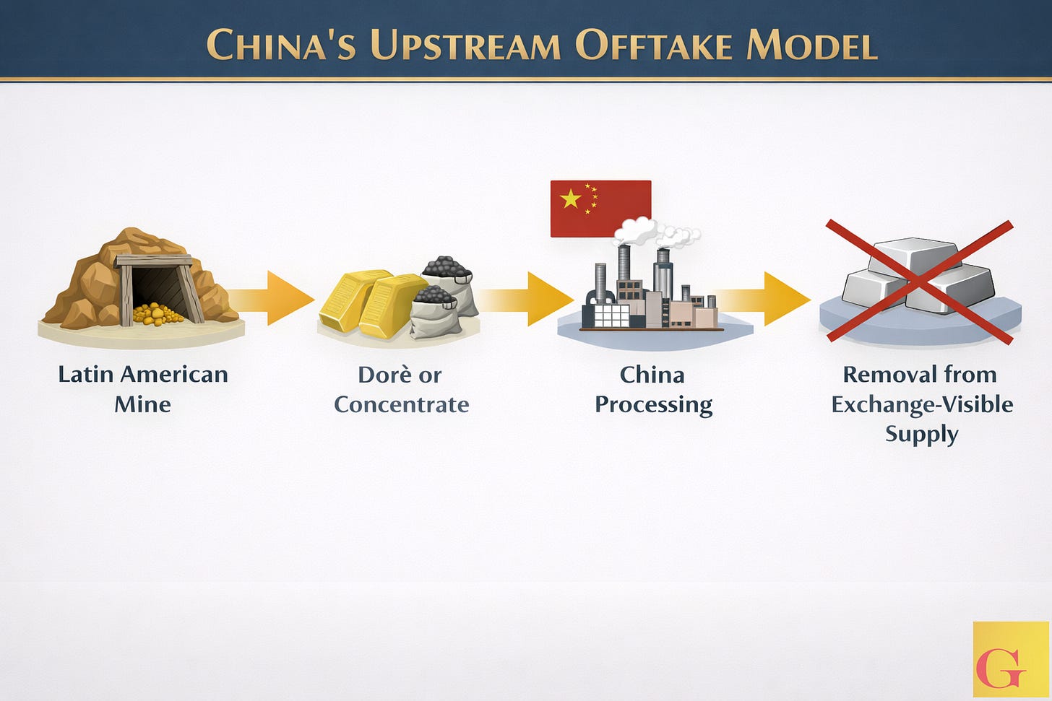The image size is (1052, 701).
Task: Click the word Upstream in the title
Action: click(465, 45)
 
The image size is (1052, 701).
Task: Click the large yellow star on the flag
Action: click(571, 199)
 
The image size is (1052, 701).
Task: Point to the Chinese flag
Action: click(600, 209)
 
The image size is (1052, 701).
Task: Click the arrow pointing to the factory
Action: click(531, 298)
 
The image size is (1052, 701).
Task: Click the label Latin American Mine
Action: click(143, 389)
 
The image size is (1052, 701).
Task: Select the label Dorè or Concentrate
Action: click(401, 389)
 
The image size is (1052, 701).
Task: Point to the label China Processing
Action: click(653, 389)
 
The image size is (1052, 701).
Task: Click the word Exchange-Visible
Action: click(922, 404)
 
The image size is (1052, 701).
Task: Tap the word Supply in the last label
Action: click(922, 434)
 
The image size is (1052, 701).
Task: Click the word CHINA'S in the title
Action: click(282, 45)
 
